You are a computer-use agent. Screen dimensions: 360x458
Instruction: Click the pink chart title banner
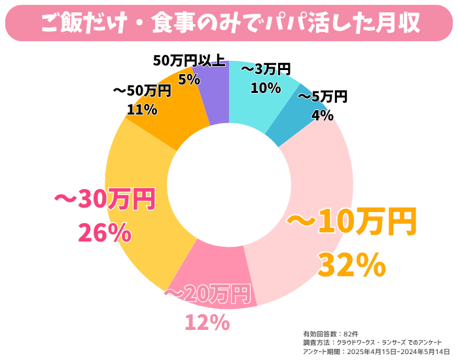coord(229,22)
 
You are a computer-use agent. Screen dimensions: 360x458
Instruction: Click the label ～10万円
coord(351,223)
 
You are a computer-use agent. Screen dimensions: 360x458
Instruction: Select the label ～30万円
coord(103,200)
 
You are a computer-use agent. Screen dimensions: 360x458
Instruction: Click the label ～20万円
coord(208,295)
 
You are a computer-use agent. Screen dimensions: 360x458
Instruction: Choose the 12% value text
coord(207,322)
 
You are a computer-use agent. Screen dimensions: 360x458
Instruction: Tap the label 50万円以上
coord(189,61)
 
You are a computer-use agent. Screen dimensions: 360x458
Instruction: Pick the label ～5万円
coord(323,98)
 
